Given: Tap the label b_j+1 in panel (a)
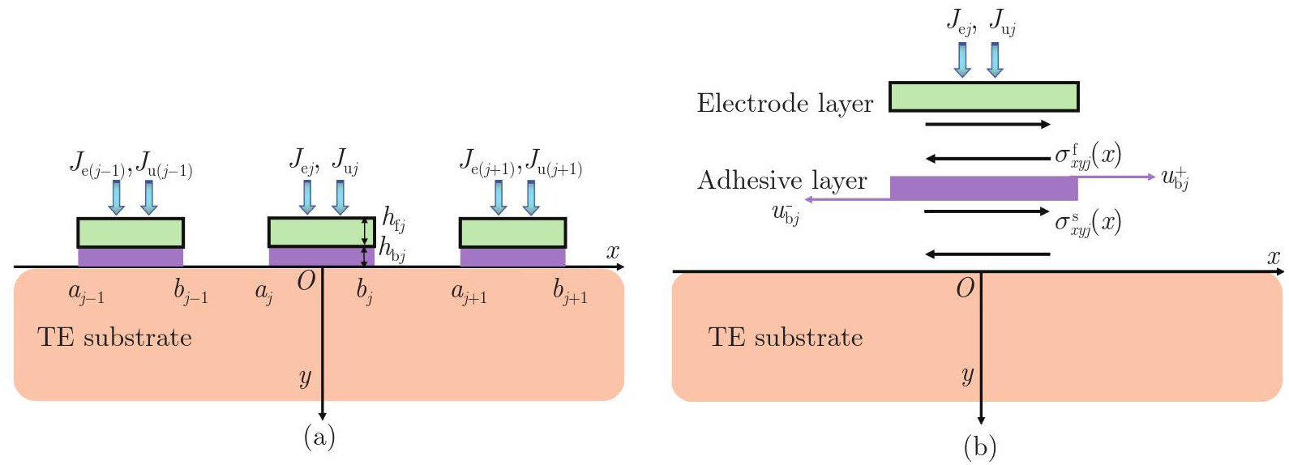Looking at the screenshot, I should point(570,292).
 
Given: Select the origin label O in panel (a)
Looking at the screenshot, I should point(306,281).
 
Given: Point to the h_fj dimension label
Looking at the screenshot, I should point(394,220).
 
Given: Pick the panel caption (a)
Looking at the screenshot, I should point(319,437).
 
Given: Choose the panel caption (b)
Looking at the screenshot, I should point(979,446).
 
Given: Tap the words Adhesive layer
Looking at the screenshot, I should point(782,181).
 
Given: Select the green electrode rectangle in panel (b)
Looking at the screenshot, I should point(983,96).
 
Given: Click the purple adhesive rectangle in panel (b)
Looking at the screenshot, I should point(983,188).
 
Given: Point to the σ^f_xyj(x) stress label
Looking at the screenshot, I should point(1087,155).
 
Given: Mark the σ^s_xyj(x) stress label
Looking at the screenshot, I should point(1087,221).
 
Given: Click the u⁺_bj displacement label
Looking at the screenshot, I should point(1175,178).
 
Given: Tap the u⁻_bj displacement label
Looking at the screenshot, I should point(786,215).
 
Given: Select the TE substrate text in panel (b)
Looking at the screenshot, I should point(785,337).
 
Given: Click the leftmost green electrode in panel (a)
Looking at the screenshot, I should point(131,232).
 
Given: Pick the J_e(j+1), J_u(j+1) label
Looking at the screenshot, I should point(520,164).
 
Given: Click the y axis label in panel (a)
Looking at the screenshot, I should point(305,378).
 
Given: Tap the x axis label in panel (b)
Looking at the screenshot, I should point(1274,258).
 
